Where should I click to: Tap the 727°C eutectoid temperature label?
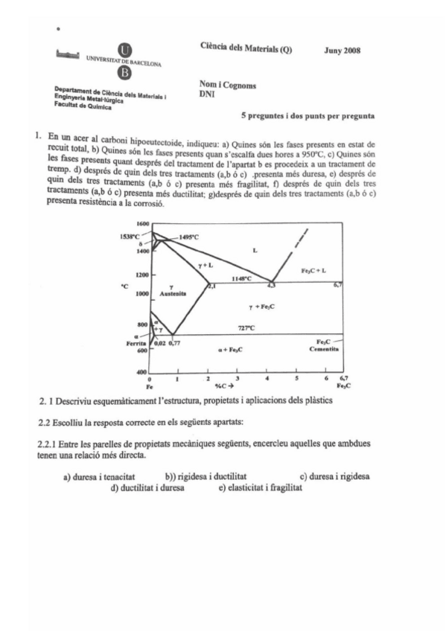[246, 327]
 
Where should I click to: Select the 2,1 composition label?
[211, 285]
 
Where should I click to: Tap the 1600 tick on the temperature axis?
[142, 223]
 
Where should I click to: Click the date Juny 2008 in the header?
[343, 51]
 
